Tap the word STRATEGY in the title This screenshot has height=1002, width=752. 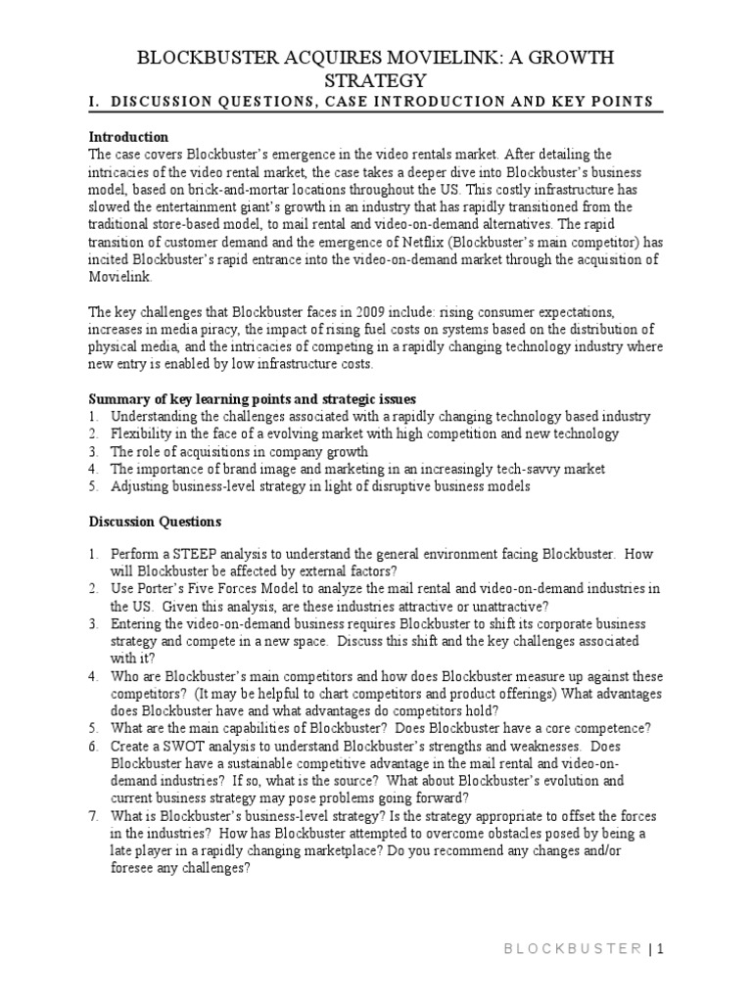click(375, 80)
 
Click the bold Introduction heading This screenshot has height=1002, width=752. click(128, 137)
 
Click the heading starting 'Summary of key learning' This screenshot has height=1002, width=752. click(253, 399)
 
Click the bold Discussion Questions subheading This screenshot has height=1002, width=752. click(155, 522)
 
